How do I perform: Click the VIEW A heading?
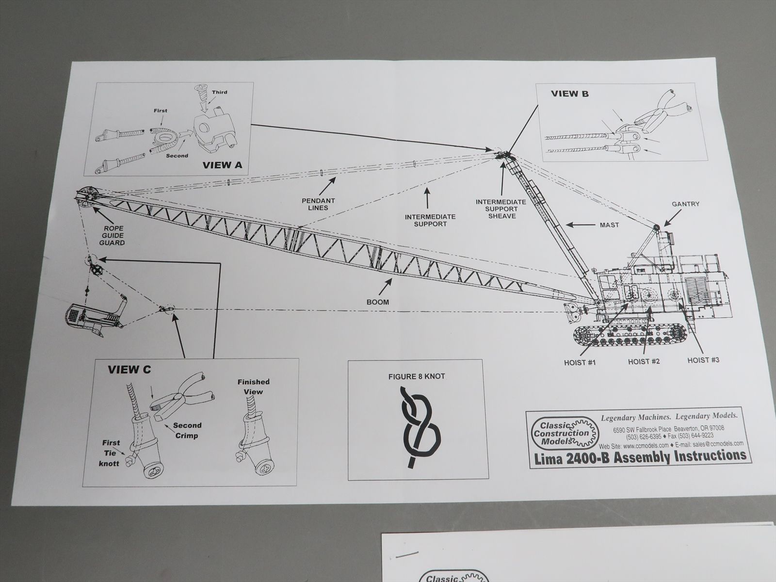coord(222,165)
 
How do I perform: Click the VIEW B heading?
coord(569,94)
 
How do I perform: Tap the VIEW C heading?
coord(129,370)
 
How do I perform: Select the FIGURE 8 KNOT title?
coord(417,377)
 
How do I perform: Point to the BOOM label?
coord(377,302)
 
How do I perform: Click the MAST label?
coord(609,225)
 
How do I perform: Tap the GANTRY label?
coord(685,204)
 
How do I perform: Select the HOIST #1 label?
coord(580,363)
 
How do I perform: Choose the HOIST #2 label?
coord(644,361)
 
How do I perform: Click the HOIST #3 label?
coord(703,360)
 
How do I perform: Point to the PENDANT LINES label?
coord(318,204)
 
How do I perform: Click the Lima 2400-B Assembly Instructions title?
coord(640,457)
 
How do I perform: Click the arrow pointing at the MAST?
coord(580,225)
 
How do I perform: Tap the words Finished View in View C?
coord(253,387)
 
